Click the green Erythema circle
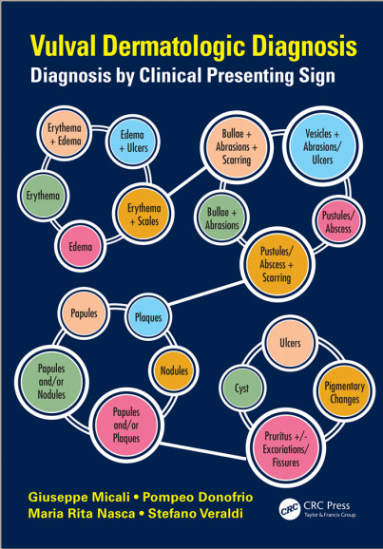pos(43,196)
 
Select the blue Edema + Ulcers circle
pos(133,142)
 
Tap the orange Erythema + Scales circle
pos(144,214)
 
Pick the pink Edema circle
pos(80,247)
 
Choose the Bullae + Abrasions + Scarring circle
pos(237,146)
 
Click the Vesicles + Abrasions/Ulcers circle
pos(322,146)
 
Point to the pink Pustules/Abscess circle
pos(338,221)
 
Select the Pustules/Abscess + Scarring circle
pos(278,264)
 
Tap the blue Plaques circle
pos(148,317)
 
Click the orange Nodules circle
pos(174,370)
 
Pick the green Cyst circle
pos(242,388)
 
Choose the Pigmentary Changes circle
pos(344,392)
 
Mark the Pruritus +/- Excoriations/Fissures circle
pos(285,449)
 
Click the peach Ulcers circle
pos(290,343)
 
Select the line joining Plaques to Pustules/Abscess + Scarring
pos(206,293)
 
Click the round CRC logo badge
pos(290,510)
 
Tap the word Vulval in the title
pos(64,47)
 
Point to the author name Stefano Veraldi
pos(195,514)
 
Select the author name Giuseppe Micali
pos(79,498)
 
